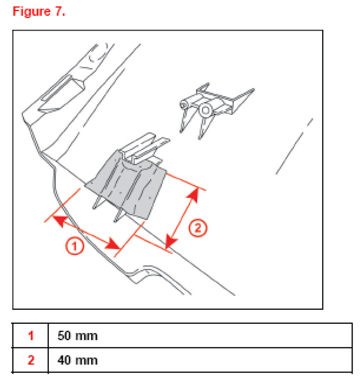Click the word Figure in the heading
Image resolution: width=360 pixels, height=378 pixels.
(x=32, y=12)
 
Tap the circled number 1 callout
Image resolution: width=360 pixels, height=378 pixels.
(x=75, y=246)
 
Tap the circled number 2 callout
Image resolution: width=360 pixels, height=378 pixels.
(x=198, y=228)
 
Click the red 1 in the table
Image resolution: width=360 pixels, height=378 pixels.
(x=31, y=336)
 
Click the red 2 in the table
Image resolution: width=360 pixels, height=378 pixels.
(x=31, y=360)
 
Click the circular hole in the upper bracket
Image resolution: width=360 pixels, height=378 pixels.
(x=205, y=110)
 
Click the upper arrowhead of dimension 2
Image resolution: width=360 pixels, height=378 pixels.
(x=194, y=195)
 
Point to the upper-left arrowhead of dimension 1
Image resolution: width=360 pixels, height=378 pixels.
(x=59, y=221)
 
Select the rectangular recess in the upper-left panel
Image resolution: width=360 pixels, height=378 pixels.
(x=62, y=95)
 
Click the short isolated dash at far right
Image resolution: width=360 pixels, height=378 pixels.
(x=310, y=122)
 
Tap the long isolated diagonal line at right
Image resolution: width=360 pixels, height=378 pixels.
(x=289, y=153)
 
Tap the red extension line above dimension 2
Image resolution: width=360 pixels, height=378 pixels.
(x=186, y=182)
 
